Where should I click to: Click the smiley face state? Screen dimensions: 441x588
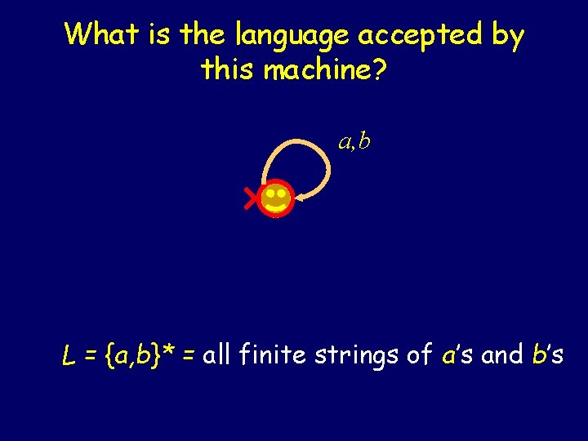[275, 198]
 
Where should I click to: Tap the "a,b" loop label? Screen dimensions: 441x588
[354, 141]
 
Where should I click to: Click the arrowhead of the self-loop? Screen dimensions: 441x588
[301, 197]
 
